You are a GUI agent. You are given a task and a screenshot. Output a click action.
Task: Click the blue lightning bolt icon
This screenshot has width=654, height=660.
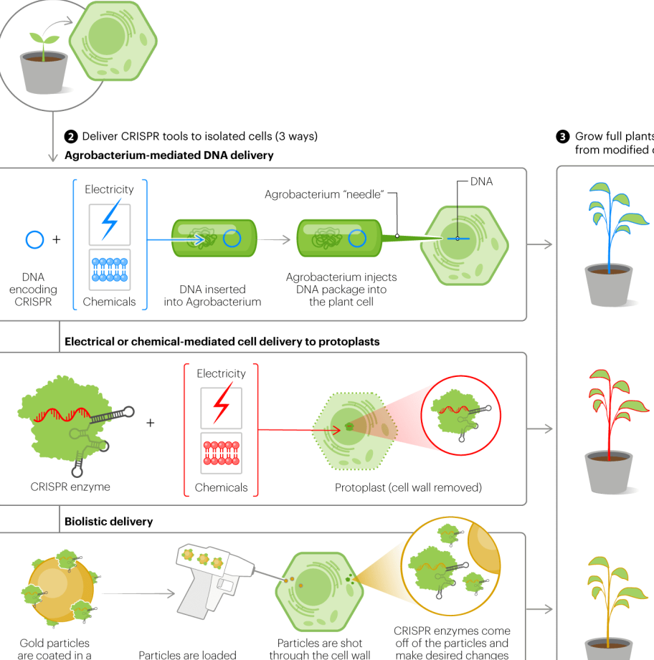[110, 223]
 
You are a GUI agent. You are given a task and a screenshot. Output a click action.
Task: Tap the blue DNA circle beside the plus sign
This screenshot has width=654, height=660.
[35, 239]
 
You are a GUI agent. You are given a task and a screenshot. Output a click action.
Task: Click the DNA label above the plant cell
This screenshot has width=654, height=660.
[481, 182]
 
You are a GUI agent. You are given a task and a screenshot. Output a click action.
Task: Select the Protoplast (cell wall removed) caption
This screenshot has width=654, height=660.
[408, 488]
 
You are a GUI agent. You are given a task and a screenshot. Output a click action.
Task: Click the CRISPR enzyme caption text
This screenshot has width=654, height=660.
[70, 487]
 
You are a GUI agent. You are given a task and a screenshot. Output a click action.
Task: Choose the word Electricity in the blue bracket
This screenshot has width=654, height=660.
[109, 189]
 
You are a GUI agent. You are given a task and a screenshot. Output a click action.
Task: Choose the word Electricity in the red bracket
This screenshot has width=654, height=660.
[221, 373]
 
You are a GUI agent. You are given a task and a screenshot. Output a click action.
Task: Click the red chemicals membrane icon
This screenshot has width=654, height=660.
[222, 454]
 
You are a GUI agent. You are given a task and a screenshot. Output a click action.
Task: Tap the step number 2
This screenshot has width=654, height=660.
[70, 136]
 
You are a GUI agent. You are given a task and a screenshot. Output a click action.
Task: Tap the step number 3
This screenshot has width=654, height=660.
[563, 136]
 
